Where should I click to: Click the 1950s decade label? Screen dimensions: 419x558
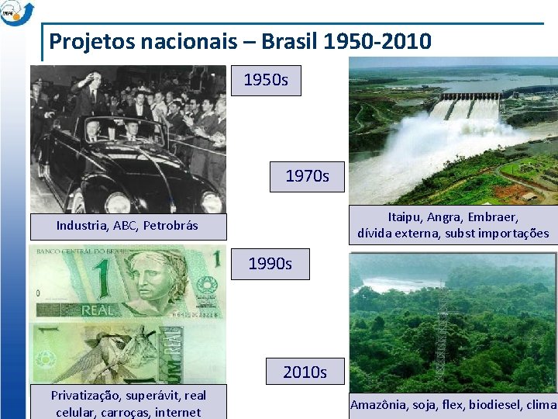coord(267,80)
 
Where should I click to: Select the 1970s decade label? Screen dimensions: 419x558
coord(307,176)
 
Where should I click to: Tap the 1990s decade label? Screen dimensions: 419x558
coord(270,264)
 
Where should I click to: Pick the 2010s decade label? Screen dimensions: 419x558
coord(305,372)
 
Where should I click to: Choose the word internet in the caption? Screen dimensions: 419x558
coord(177,412)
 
